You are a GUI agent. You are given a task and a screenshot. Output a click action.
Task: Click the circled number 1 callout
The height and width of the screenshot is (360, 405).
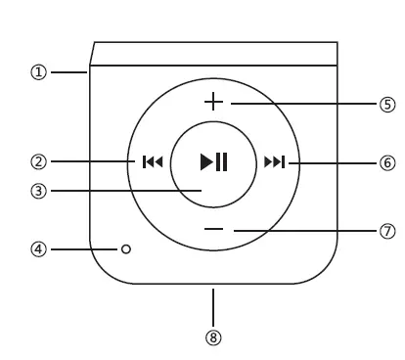pyautogui.click(x=38, y=72)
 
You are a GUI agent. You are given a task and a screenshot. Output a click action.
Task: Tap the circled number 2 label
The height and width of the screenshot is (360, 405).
pyautogui.click(x=38, y=161)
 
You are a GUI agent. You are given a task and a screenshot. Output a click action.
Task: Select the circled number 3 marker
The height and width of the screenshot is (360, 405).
pyautogui.click(x=38, y=191)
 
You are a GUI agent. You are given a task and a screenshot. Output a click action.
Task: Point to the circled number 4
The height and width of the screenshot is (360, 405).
pyautogui.click(x=38, y=249)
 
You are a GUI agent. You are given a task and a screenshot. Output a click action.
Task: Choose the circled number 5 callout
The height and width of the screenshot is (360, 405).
pyautogui.click(x=386, y=104)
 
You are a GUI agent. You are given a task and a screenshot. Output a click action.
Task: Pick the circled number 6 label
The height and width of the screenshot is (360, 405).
pyautogui.click(x=386, y=162)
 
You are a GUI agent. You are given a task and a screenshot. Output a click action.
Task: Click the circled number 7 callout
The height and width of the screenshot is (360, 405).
pyautogui.click(x=386, y=231)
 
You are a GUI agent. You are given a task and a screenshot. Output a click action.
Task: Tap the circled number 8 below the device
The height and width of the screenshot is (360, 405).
pyautogui.click(x=213, y=338)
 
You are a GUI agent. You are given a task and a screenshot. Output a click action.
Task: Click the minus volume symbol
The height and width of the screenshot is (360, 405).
pyautogui.click(x=214, y=229)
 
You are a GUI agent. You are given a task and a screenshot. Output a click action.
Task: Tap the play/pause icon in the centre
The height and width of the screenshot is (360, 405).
pyautogui.click(x=213, y=162)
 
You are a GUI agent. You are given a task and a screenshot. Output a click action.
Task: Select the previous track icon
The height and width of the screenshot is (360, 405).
pyautogui.click(x=152, y=162)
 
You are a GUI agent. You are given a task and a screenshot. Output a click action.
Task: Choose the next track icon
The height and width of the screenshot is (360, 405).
pyautogui.click(x=275, y=162)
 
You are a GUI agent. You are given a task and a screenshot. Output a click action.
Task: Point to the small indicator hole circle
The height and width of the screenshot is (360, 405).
pyautogui.click(x=125, y=249)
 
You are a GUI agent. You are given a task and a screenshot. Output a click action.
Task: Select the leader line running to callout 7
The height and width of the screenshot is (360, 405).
pyautogui.click(x=303, y=231)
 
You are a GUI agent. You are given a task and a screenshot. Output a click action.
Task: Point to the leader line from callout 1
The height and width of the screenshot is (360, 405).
pyautogui.click(x=68, y=72)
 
